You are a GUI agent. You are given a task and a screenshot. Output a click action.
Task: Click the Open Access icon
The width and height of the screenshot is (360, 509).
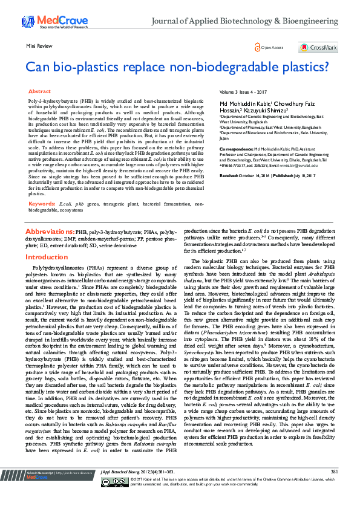coord(259,47)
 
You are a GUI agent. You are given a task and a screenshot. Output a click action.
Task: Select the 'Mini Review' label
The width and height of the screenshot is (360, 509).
coord(37,46)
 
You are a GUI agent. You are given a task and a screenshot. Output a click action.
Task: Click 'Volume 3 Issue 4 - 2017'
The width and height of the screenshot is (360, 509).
coord(243,92)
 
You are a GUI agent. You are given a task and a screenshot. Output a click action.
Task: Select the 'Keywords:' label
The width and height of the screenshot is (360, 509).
coord(42,204)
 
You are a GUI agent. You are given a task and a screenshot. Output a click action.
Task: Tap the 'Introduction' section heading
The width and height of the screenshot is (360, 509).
coord(46,257)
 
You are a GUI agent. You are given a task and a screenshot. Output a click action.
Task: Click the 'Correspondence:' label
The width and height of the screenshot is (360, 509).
coord(236,148)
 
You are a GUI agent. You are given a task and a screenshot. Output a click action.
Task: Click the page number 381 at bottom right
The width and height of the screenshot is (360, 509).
coord(335,488)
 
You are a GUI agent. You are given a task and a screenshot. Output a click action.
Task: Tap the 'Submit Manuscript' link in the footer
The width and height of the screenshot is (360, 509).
coord(41,488)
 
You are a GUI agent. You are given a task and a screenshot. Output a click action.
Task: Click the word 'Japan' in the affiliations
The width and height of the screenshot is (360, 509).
coord(223,137)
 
